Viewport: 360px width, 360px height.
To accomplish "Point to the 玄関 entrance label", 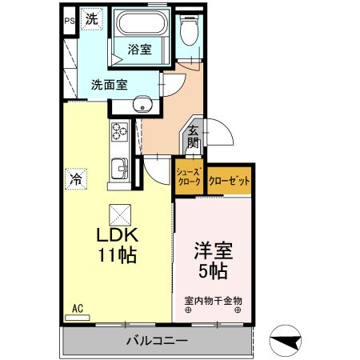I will coord(194,138).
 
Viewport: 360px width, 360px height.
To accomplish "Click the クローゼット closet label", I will coord(229,181).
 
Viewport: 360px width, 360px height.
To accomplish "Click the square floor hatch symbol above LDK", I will coord(118,212).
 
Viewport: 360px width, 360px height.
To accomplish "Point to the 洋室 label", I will coord(213,250).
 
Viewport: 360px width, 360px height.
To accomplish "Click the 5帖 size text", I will coord(213,270).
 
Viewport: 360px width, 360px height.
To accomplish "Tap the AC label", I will coord(78,308).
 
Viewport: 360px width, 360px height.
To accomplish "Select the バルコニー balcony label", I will coord(157,342).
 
